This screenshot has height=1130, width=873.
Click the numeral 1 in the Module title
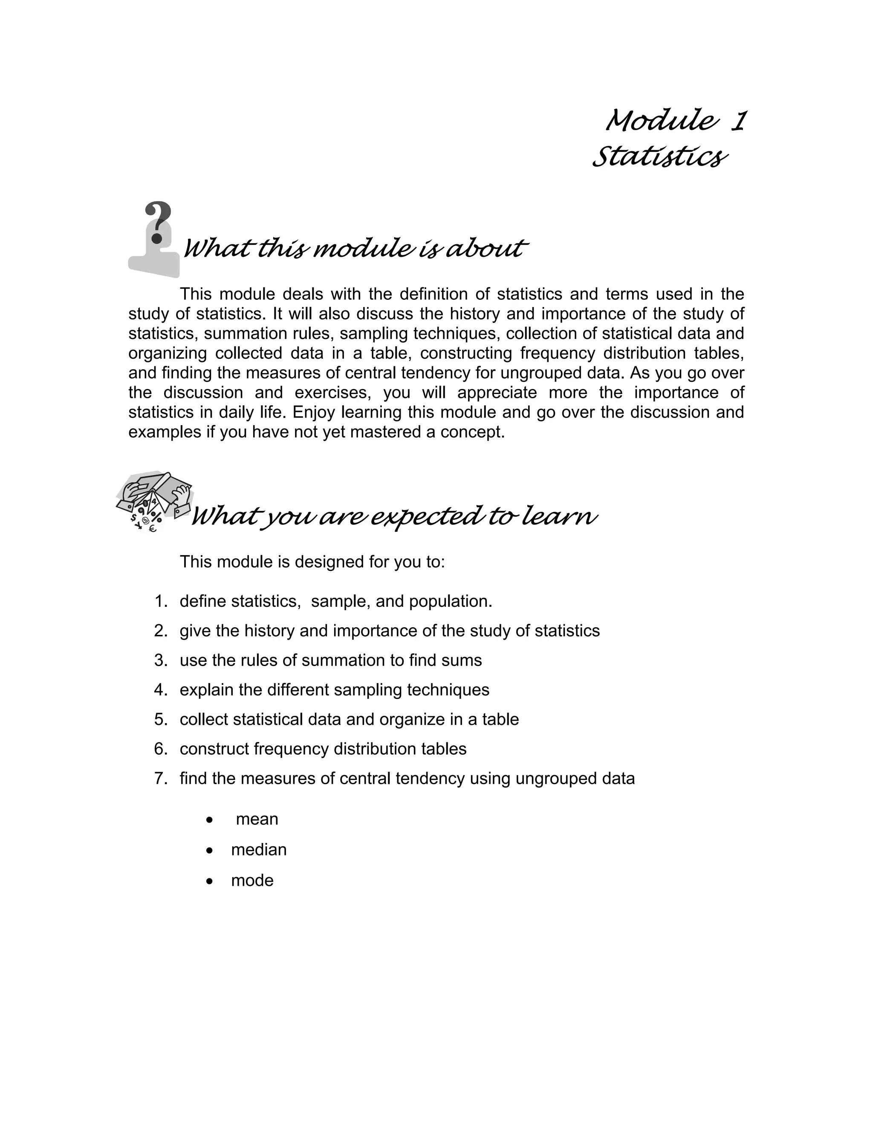[737, 121]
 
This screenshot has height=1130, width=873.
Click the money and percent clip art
[153, 501]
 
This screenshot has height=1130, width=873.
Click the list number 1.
[160, 601]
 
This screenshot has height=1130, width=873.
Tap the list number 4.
[160, 690]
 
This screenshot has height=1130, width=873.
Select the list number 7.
[160, 778]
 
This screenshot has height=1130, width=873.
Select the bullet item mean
[257, 819]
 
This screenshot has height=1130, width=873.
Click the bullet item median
[259, 849]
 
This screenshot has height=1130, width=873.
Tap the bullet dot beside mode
[209, 881]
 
